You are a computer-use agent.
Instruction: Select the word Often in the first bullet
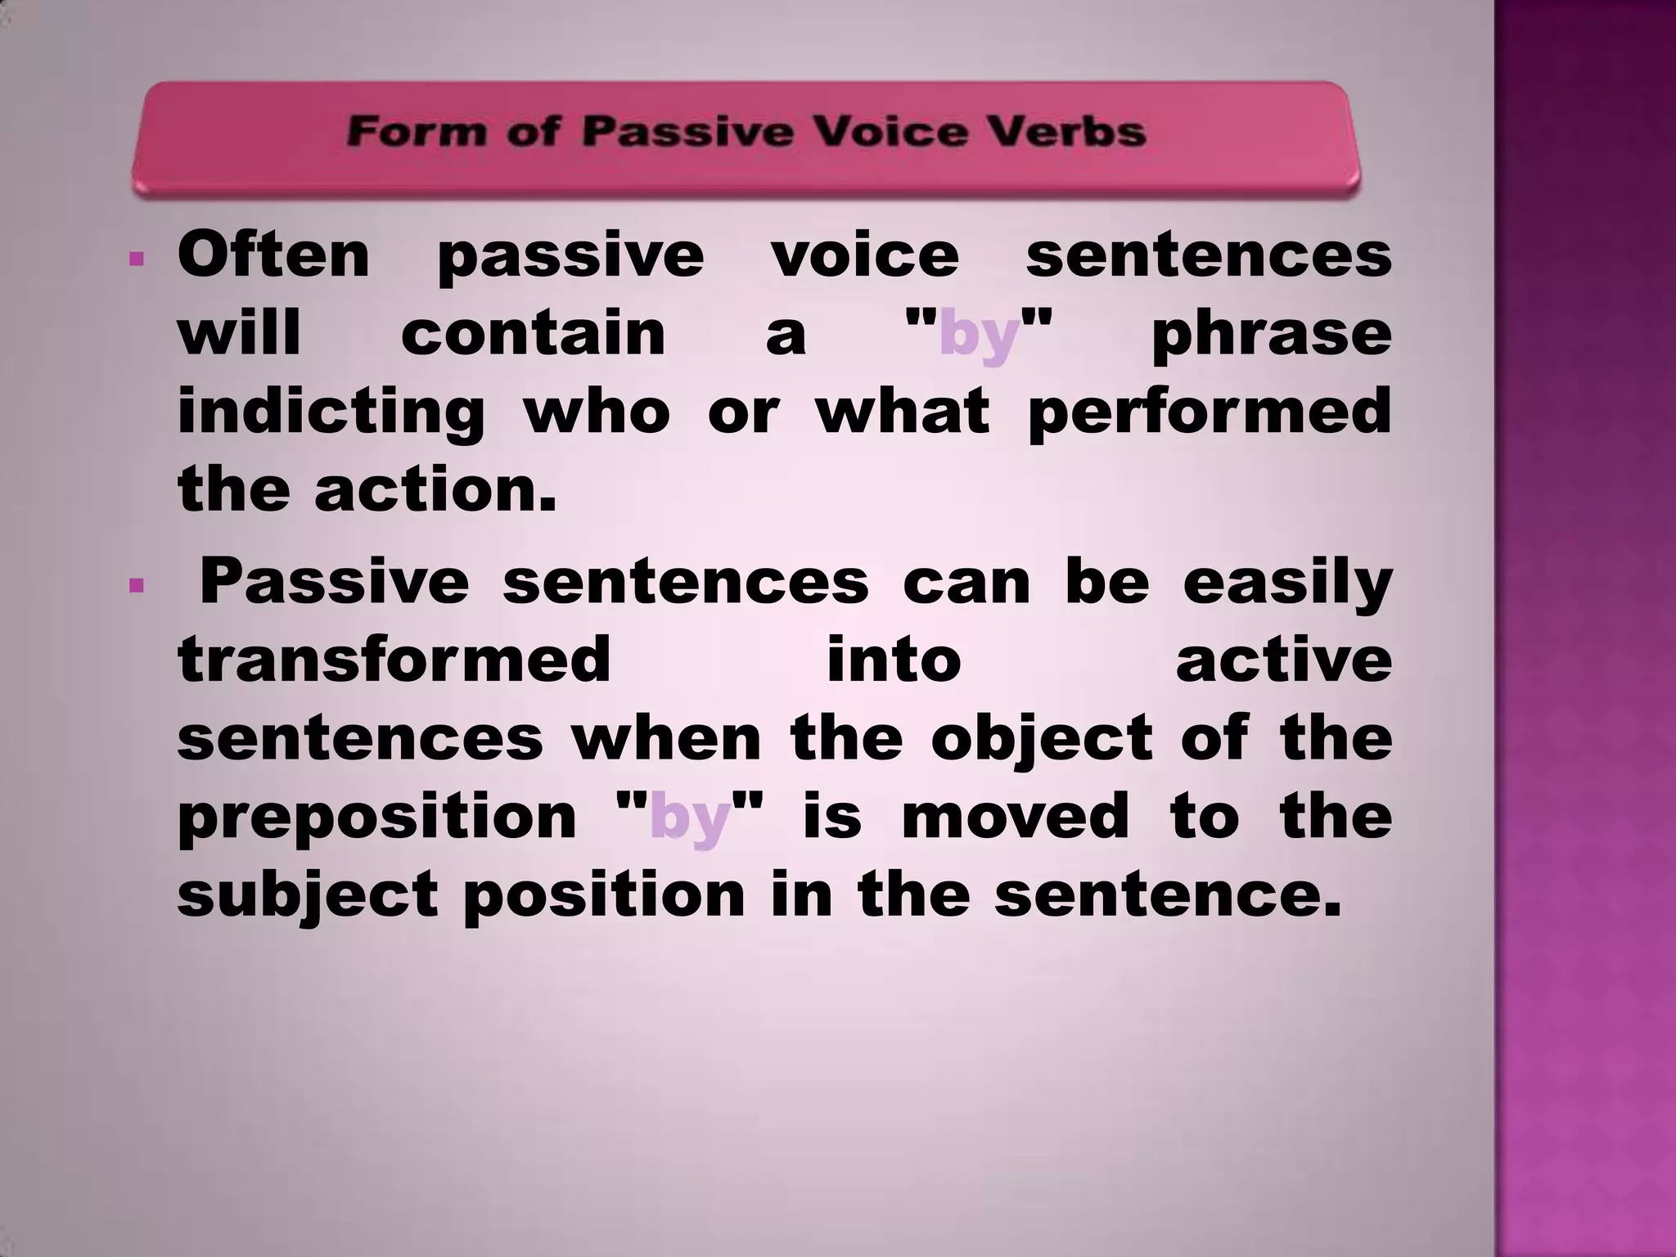tap(273, 255)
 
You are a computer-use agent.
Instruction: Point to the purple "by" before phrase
tap(979, 335)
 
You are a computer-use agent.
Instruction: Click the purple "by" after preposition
tap(689, 818)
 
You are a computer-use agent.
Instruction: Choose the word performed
tap(1209, 412)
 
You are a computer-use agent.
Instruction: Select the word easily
tap(1287, 583)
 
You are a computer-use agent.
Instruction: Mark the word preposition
tap(377, 818)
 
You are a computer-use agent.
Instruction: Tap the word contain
tap(534, 333)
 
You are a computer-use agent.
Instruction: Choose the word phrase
tap(1271, 335)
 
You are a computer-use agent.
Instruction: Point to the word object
tap(1043, 740)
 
